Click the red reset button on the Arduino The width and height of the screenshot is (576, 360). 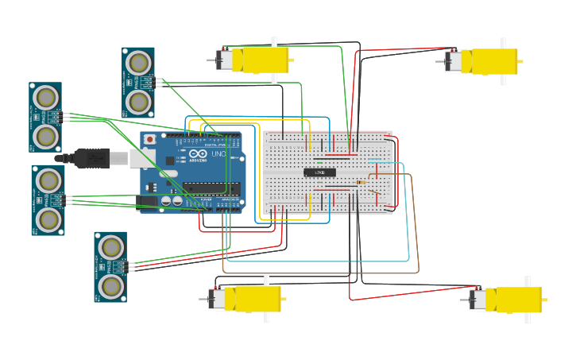(149, 140)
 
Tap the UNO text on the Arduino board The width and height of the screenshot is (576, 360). (218, 154)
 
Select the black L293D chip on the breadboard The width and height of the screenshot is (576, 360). (319, 172)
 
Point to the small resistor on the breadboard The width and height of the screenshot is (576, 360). (361, 184)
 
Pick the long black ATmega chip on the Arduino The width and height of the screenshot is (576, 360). (211, 188)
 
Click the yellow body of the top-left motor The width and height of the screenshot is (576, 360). (265, 60)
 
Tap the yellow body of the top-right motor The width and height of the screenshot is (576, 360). (493, 61)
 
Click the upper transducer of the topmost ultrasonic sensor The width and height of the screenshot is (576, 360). (138, 62)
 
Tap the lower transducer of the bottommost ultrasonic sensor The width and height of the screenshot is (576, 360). (111, 286)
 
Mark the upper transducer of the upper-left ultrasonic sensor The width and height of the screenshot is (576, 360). (46, 98)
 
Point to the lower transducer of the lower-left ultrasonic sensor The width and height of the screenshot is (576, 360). (48, 219)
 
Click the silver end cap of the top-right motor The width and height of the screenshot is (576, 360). (454, 61)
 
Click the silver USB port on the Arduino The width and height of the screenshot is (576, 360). (120, 158)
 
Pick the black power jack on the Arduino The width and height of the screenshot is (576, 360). (148, 201)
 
